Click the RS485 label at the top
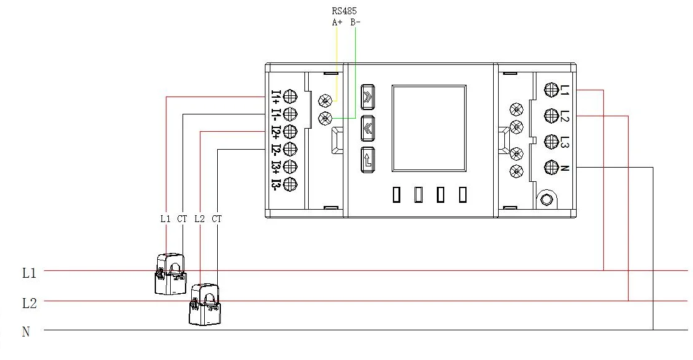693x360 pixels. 344,11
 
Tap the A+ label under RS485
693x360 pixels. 337,22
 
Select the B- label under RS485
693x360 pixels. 355,22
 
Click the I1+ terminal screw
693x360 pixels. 290,96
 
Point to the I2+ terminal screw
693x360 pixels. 290,132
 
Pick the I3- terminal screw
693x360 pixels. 290,184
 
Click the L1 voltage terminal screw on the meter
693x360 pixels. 551,90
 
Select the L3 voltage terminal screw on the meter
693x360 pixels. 551,142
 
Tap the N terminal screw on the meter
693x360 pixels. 551,168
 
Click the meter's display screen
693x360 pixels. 429,129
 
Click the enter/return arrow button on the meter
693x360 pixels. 368,160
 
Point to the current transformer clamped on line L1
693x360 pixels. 171,274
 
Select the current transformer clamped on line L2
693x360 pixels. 205,305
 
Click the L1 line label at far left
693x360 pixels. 29,273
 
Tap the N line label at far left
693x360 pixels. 26,332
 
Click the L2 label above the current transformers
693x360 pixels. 200,218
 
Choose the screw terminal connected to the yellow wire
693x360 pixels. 325,101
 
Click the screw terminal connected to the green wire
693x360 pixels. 325,118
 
